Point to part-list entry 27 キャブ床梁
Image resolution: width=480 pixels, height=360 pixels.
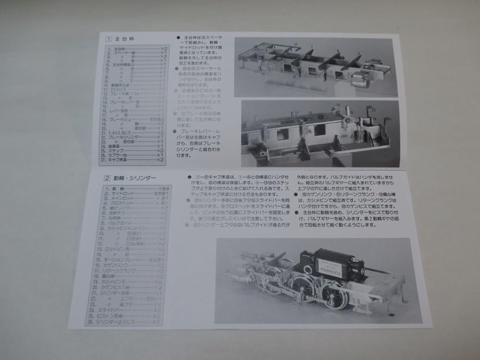coord(125,160)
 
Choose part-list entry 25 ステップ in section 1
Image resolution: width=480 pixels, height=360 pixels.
coord(123,150)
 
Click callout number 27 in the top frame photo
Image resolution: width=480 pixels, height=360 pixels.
coord(295,44)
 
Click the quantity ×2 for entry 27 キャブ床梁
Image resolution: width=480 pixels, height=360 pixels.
coord(162,160)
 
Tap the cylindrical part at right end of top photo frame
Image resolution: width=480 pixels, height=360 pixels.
coord(358,81)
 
